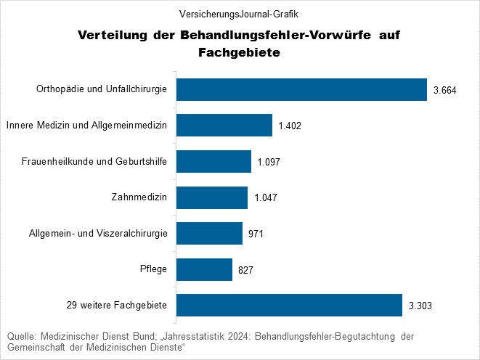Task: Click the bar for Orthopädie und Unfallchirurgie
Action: pyautogui.click(x=301, y=89)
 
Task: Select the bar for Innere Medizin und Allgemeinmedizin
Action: pyautogui.click(x=224, y=126)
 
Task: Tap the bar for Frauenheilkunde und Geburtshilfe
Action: pyautogui.click(x=213, y=161)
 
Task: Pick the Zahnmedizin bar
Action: pyautogui.click(x=212, y=197)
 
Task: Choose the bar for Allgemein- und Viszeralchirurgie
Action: pyautogui.click(x=209, y=233)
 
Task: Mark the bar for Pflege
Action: pyautogui.click(x=204, y=269)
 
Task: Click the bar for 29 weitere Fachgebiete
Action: pyautogui.click(x=289, y=305)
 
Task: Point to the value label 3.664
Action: pyautogui.click(x=444, y=90)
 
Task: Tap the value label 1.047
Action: pyautogui.click(x=266, y=198)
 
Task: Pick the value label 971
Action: pyautogui.click(x=256, y=234)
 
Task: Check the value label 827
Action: pyautogui.click(x=245, y=270)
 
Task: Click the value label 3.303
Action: pyautogui.click(x=420, y=306)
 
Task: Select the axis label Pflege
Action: pyautogui.click(x=154, y=269)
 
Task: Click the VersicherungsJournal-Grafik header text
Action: pyautogui.click(x=240, y=14)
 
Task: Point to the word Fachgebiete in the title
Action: pyautogui.click(x=239, y=53)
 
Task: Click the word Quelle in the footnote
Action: pyautogui.click(x=21, y=337)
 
